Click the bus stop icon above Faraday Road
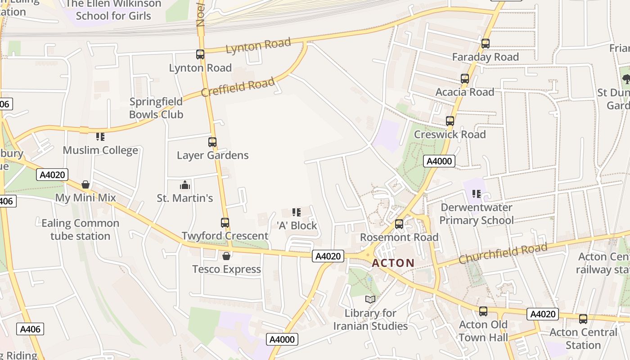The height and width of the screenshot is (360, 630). point(485,44)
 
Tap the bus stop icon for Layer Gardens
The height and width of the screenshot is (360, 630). point(212,142)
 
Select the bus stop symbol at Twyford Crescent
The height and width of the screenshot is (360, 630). point(225,223)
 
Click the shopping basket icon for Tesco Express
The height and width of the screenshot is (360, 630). point(226,256)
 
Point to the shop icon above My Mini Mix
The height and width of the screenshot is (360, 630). point(85,184)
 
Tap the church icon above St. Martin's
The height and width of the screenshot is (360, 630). point(185,185)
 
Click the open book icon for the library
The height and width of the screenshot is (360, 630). point(370,300)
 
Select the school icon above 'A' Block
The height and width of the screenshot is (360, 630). point(297,212)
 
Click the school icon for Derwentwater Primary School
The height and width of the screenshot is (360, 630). point(477,194)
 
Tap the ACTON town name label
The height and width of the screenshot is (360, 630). point(393,263)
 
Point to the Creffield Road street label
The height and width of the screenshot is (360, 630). point(238,87)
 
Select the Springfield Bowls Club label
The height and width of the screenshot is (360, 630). point(156,108)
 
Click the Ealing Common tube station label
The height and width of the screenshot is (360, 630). point(80,229)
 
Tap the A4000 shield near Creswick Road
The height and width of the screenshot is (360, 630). point(439,162)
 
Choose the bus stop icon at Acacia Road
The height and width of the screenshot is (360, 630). point(465,79)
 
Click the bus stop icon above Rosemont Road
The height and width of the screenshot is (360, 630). point(399,224)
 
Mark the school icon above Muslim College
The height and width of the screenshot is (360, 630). point(100,137)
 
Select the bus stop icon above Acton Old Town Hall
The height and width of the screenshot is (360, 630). point(483,311)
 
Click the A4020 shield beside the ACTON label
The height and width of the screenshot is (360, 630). point(328,256)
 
